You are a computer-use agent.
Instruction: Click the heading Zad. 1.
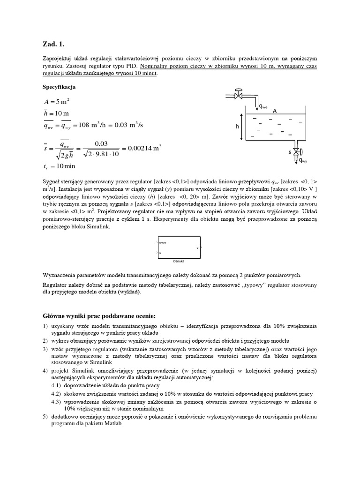52,45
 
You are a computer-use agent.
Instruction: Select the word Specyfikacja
59,87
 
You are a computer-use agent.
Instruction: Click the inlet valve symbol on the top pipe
239,95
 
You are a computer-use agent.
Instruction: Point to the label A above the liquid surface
275,111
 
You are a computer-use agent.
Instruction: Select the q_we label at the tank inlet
264,106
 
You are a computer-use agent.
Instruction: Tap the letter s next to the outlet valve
289,152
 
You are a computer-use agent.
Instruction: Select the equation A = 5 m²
57,102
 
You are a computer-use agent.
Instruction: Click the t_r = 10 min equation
60,166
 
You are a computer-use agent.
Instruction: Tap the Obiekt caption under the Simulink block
178,261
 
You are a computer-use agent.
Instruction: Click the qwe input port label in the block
163,242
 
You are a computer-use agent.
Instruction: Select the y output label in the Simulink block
197,247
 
